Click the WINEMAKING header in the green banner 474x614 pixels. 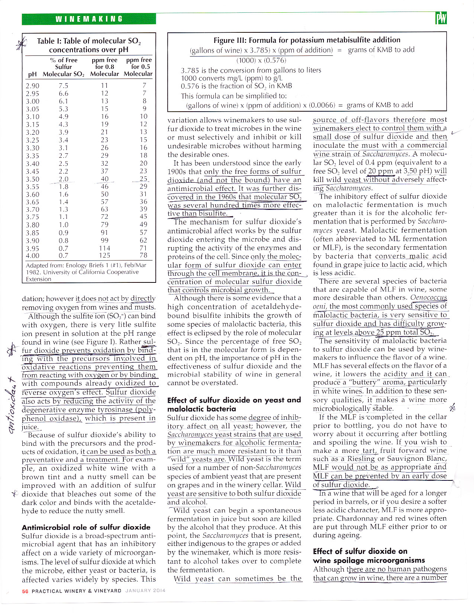coord(89,19)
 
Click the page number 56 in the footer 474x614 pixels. coord(25,591)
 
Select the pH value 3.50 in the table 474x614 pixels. coord(32,179)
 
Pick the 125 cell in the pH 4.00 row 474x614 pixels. coord(104,255)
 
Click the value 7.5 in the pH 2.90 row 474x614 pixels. coord(64,86)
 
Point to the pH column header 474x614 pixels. coord(32,74)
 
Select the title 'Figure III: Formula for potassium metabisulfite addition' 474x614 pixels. coord(307,40)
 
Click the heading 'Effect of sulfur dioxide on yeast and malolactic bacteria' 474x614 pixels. coord(234,404)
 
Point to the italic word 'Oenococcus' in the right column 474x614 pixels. coord(429,298)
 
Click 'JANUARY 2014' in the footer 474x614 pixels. coord(145,591)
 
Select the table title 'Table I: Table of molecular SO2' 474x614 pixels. coord(89,41)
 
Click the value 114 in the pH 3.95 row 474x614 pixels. coord(104,248)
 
